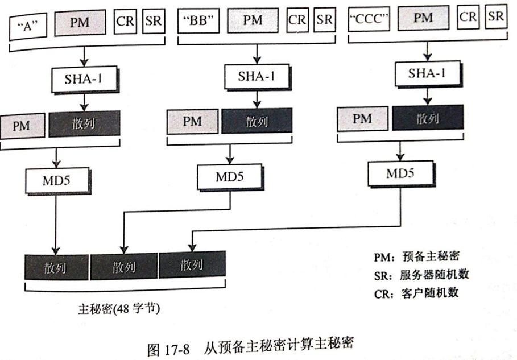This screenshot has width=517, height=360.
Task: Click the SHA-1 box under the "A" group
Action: pyautogui.click(x=84, y=79)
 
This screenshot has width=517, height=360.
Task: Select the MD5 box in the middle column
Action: pyautogui.click(x=229, y=176)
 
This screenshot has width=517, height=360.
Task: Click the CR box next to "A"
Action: pyautogui.click(x=125, y=21)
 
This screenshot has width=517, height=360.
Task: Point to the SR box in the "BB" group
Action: pyautogui.click(x=324, y=19)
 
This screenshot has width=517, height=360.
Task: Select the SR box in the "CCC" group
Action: pyautogui.click(x=495, y=16)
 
